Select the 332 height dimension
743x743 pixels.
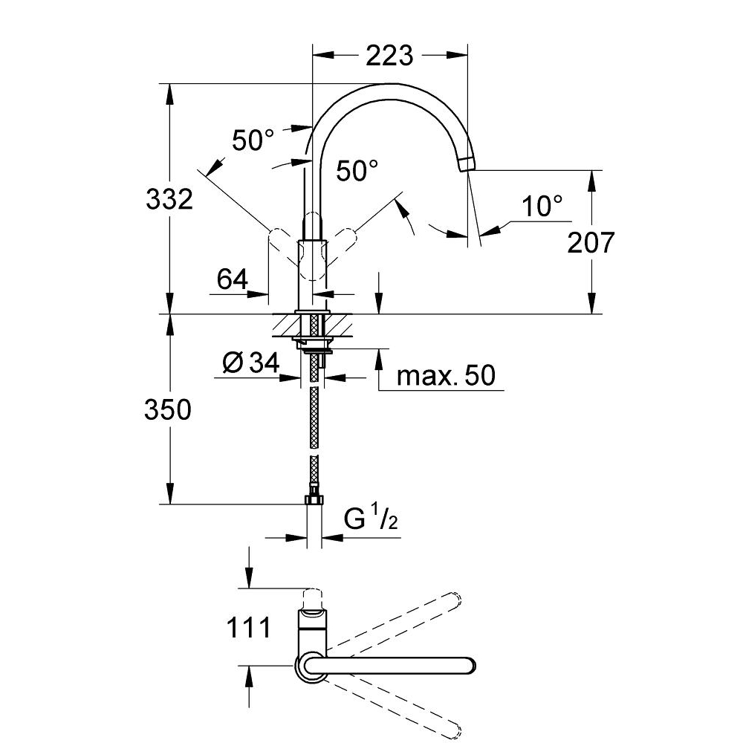coord(169,199)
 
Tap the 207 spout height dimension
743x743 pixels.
coord(591,242)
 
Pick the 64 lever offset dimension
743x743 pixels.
coord(233,279)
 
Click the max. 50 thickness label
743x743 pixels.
coord(446,375)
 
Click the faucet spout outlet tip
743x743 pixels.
coord(466,164)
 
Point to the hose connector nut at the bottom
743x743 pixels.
coord(314,498)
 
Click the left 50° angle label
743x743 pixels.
coord(253,140)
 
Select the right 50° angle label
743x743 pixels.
coord(357,172)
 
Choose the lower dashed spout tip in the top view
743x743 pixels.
coord(455,732)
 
